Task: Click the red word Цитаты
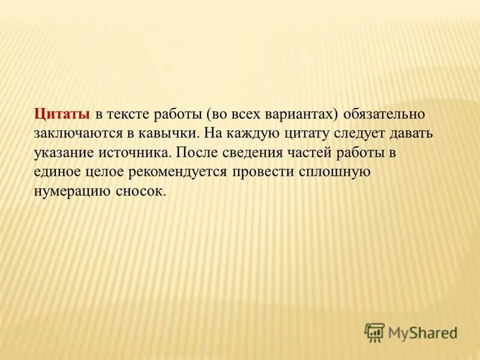(62, 114)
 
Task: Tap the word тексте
(130, 114)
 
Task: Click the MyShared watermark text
(422, 332)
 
